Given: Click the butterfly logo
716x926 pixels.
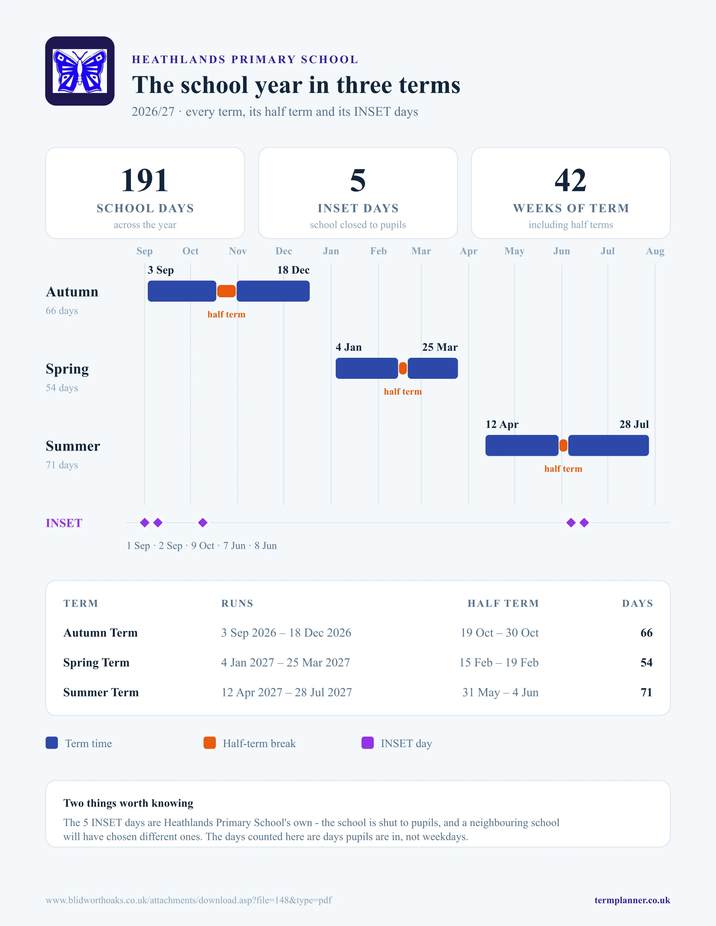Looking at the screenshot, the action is coord(80,71).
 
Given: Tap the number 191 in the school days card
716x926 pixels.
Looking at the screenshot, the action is coord(145,180).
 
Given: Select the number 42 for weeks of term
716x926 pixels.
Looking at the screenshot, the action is coord(571,180).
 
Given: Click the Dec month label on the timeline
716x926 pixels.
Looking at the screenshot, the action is coord(284,251).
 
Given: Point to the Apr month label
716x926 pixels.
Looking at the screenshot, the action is coord(469,251).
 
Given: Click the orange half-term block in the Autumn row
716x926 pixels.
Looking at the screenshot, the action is coord(226,291).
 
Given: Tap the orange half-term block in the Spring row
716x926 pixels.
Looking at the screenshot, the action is coord(403,368).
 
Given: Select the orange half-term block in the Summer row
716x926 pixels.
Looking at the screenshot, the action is coord(563,446).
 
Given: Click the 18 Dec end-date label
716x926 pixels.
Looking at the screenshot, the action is coord(293,270).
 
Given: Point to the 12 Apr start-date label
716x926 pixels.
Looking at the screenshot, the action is coord(502,425).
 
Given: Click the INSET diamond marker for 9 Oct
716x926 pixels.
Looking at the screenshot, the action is coord(203,523).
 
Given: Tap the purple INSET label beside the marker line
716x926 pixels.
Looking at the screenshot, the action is coord(64,523).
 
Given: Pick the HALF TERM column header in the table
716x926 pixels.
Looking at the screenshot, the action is coord(503,603).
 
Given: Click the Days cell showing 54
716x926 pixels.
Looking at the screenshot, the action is coord(647,662).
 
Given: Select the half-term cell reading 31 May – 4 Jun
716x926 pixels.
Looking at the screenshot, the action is coord(500,693).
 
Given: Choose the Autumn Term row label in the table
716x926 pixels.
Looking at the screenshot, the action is coord(101,633).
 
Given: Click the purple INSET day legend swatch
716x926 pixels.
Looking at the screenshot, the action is coord(367,743).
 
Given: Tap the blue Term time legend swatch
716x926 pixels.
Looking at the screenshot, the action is coord(52,743).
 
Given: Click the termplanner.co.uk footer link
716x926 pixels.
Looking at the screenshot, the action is coord(632,900).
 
